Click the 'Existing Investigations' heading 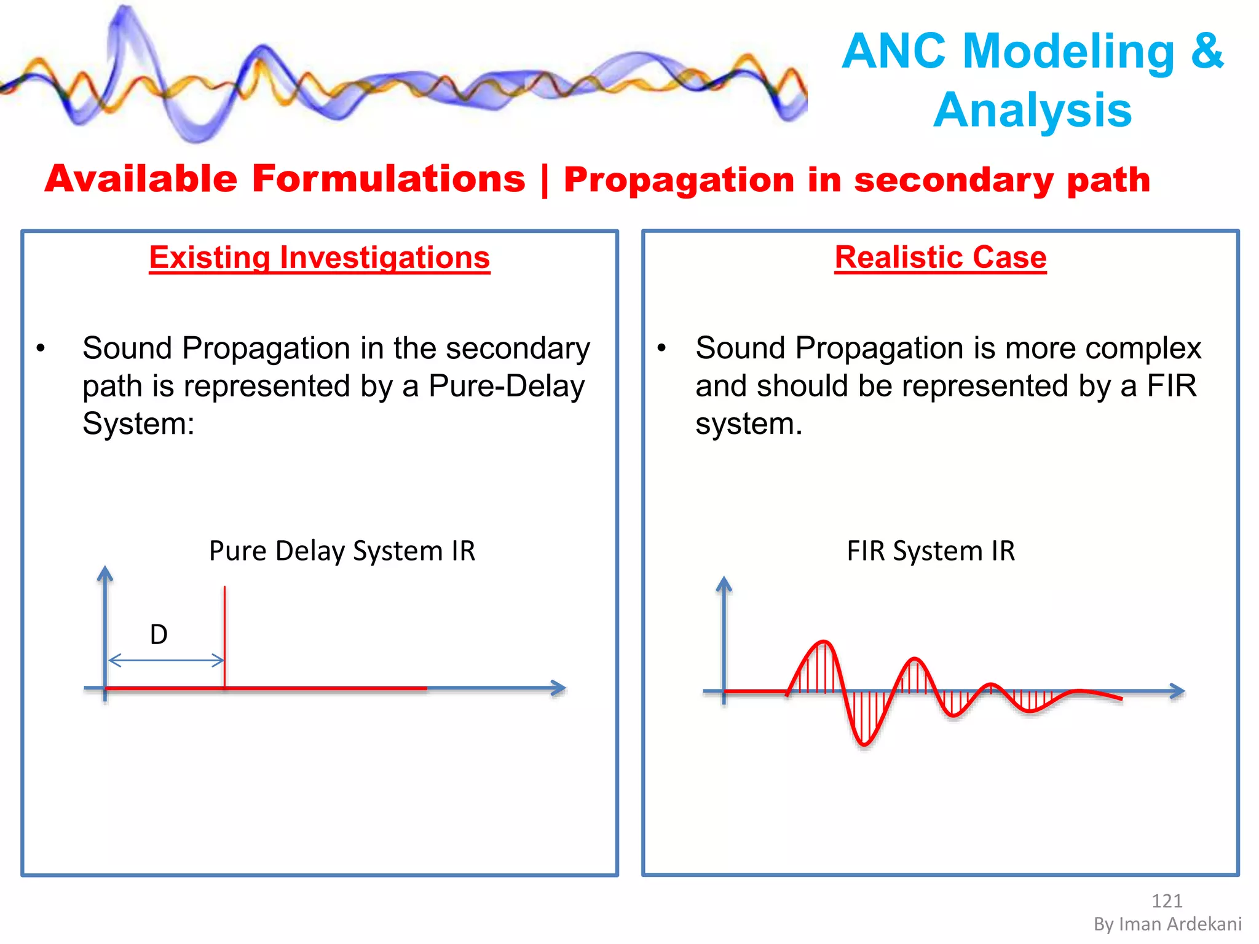[x=319, y=258]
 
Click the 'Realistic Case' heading [x=940, y=258]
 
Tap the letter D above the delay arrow [x=159, y=634]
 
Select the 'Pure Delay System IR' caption [x=342, y=551]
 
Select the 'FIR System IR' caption [x=930, y=551]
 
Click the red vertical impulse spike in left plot [x=224, y=633]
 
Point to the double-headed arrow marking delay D [x=166, y=661]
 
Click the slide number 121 [x=1166, y=901]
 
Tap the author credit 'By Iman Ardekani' [x=1167, y=924]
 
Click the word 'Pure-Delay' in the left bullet [x=507, y=387]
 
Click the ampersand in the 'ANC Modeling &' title [x=1207, y=51]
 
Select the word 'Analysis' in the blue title [x=1032, y=111]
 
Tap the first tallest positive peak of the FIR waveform [x=823, y=643]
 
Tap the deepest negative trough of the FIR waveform [x=864, y=744]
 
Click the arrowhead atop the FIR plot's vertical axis [x=724, y=584]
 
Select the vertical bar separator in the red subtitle [x=545, y=180]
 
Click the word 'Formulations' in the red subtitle [x=389, y=179]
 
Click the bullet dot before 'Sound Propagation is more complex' [x=661, y=348]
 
